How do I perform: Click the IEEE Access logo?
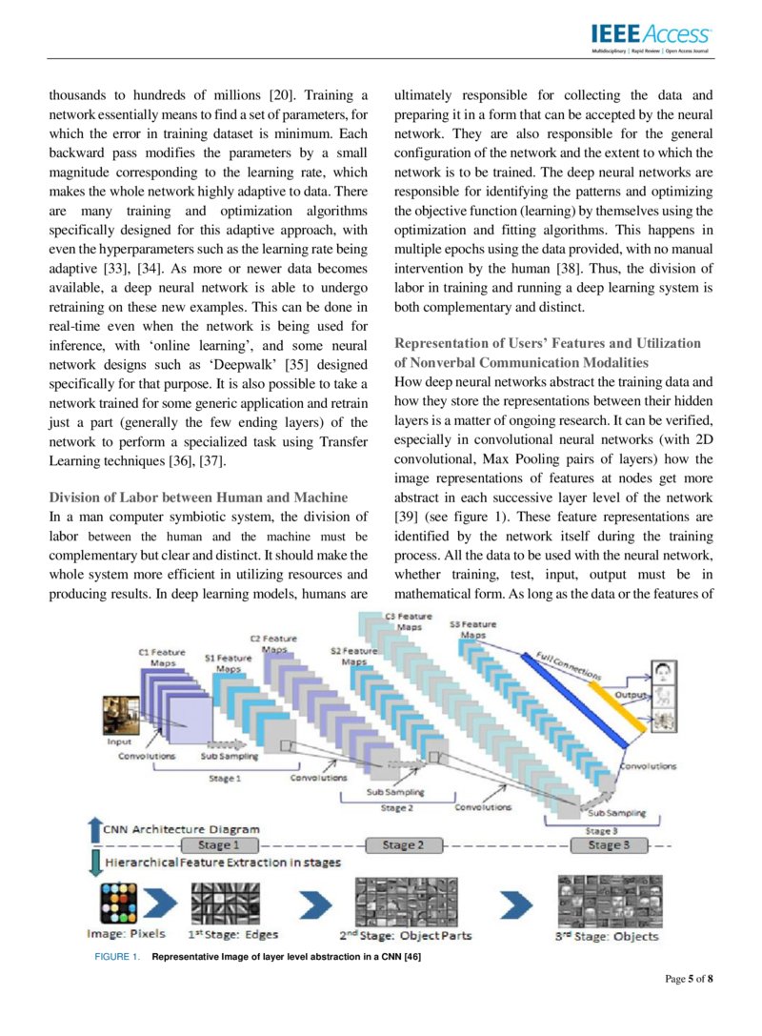[651, 36]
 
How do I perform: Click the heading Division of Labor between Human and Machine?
[198, 497]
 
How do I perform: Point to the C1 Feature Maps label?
[162, 656]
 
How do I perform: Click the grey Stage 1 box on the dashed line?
[214, 844]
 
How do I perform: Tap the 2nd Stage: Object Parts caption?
[405, 936]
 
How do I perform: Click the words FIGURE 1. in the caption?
[114, 956]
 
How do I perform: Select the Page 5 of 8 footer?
[688, 979]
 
